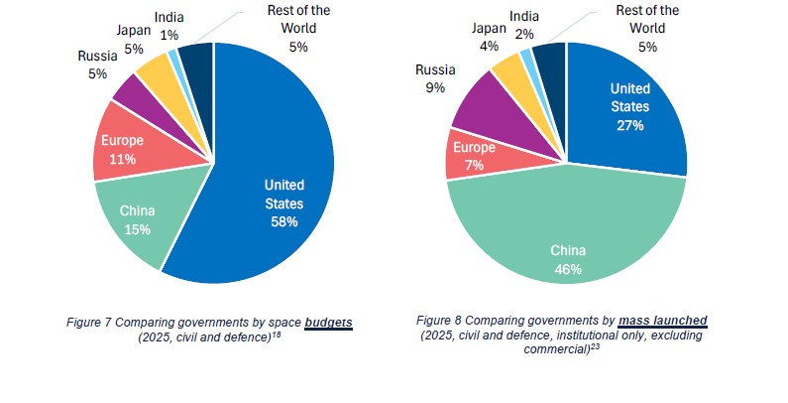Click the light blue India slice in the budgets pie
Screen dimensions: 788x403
[x=174, y=57]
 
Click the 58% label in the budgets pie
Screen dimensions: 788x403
[x=284, y=222]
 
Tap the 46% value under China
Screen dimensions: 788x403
[x=568, y=269]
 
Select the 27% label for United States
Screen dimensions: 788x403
[x=630, y=125]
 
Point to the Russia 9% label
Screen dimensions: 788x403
[x=435, y=79]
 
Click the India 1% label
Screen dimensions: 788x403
[x=169, y=26]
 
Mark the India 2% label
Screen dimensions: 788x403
[x=524, y=25]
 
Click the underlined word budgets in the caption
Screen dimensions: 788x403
[x=329, y=323]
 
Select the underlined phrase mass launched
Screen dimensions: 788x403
[x=663, y=321]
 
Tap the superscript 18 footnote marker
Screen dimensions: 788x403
[x=277, y=335]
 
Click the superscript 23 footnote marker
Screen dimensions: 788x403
[x=596, y=346]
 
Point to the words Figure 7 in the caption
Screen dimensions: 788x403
[x=89, y=323]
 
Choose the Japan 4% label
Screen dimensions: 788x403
[x=489, y=38]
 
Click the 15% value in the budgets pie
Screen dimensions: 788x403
[x=137, y=229]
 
